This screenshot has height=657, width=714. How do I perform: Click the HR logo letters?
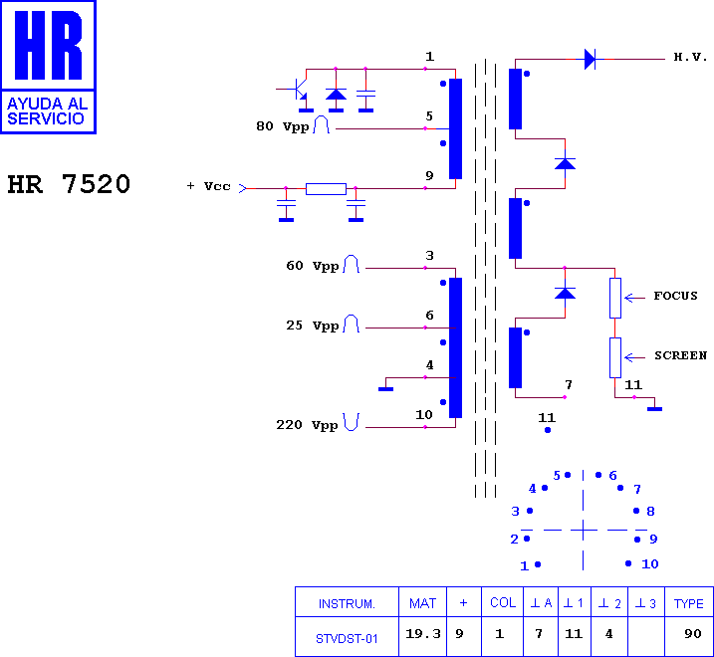[48, 47]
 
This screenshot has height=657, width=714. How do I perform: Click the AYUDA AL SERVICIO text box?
[48, 110]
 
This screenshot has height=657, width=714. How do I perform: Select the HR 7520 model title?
[69, 185]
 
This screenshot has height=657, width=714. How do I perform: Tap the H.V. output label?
[690, 58]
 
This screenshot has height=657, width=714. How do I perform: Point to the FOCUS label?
[675, 296]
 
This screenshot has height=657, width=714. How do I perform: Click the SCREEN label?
[680, 355]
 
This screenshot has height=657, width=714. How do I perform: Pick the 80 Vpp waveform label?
[283, 126]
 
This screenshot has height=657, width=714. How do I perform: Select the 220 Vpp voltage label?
[307, 425]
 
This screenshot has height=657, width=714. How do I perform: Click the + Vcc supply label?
[209, 186]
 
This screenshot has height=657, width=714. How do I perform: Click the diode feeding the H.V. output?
[590, 60]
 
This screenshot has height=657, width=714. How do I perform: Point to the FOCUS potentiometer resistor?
[615, 298]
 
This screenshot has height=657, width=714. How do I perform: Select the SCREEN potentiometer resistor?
[615, 357]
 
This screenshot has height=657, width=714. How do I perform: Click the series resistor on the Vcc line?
[326, 188]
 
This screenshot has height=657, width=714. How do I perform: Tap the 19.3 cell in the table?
[423, 634]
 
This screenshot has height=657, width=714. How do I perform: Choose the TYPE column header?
[688, 603]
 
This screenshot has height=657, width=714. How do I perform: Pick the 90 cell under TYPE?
[693, 634]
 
